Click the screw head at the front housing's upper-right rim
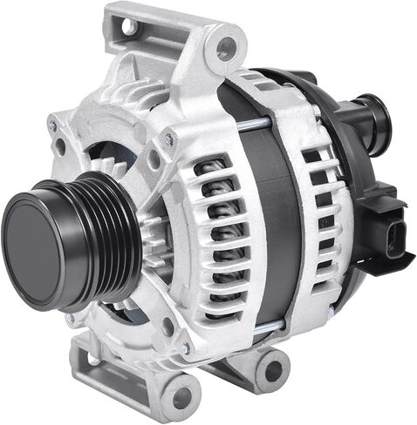pyautogui.click(x=169, y=138)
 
